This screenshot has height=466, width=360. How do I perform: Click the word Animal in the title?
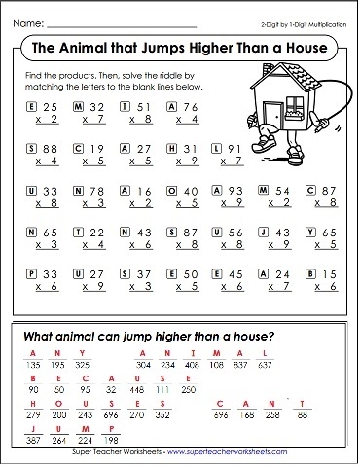coord(104,47)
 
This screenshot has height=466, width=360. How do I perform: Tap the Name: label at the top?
coord(27,20)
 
